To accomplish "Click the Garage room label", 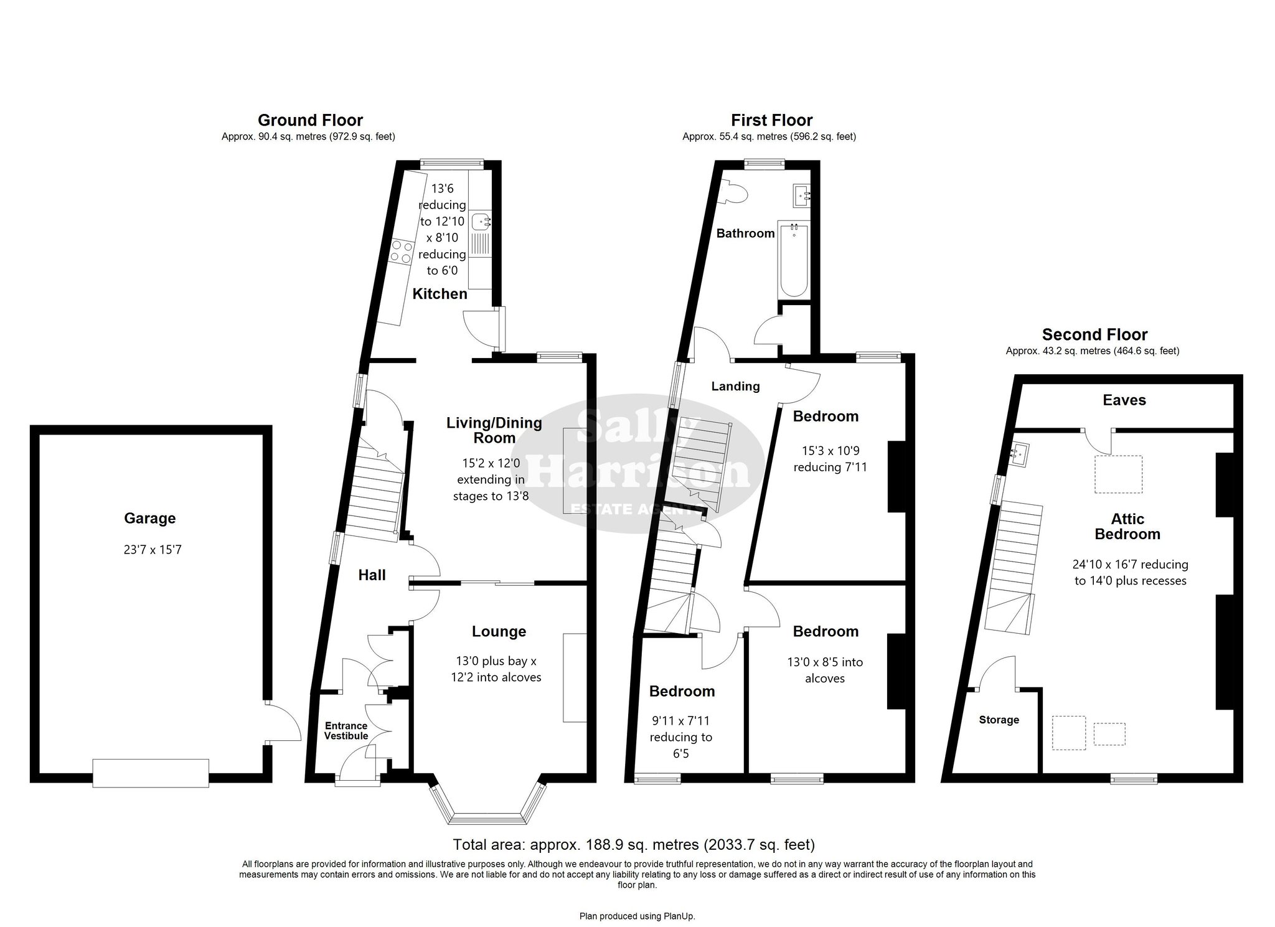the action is (149, 518).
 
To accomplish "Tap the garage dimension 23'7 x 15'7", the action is (153, 550).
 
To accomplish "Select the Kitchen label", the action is (440, 294).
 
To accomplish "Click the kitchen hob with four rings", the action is (400, 251).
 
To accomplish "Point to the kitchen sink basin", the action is (481, 221).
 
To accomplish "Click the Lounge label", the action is (499, 631).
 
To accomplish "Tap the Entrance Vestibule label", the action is (346, 731).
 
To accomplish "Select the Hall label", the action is (372, 575).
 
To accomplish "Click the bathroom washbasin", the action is (802, 196).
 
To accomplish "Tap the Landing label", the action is (735, 387).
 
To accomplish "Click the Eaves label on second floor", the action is (1124, 400).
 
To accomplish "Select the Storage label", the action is (999, 720).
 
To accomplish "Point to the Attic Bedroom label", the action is (1127, 526).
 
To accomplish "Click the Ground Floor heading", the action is (310, 120).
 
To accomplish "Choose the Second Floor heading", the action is (1094, 335).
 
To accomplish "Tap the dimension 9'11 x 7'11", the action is (680, 721).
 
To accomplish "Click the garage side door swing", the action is (284, 722).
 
